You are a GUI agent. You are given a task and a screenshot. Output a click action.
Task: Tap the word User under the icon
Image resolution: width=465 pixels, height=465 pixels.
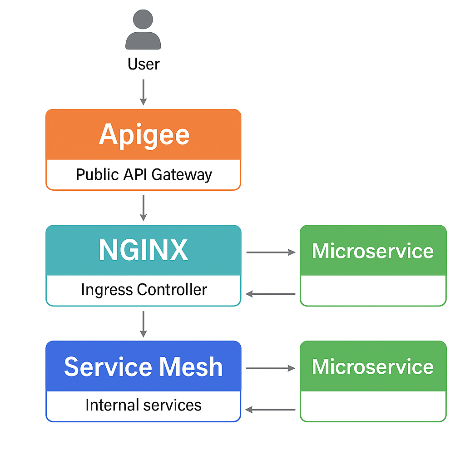(143, 64)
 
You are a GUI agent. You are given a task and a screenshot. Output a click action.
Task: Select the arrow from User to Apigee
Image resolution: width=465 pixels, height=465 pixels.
(143, 92)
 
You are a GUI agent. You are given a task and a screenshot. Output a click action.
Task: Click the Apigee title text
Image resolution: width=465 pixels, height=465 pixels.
(143, 134)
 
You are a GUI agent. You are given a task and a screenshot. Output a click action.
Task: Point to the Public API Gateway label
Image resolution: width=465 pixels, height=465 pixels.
(143, 174)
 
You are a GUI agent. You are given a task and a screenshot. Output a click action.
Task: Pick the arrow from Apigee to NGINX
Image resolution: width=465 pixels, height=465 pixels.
(143, 208)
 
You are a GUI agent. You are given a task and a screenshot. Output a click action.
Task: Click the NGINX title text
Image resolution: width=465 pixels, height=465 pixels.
(143, 250)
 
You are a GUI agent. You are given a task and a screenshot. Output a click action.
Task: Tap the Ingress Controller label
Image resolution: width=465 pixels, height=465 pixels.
(143, 290)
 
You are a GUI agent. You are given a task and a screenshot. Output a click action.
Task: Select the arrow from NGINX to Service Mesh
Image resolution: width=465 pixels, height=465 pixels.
(143, 324)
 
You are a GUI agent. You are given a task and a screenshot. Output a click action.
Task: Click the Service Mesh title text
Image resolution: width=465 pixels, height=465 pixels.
(143, 366)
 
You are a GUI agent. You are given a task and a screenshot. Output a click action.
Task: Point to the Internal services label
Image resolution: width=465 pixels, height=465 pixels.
(143, 405)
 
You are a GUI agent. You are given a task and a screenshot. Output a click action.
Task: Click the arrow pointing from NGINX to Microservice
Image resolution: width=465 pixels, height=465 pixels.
(271, 252)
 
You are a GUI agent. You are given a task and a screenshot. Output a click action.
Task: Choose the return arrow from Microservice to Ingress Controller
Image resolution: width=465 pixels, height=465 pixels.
(271, 294)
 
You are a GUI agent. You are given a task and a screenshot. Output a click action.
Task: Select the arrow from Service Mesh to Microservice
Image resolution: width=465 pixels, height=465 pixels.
(271, 368)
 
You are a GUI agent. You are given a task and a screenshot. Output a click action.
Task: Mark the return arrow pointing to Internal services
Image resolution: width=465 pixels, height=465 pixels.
(271, 410)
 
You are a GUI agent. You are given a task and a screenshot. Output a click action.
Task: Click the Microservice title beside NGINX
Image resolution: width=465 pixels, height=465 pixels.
(373, 251)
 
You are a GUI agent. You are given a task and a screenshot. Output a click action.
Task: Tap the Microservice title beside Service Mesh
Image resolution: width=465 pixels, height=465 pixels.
(373, 367)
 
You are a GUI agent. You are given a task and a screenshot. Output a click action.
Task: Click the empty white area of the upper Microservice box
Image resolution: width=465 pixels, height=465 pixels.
(373, 290)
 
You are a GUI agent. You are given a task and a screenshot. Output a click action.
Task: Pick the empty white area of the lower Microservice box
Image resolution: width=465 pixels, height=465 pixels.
(373, 406)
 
